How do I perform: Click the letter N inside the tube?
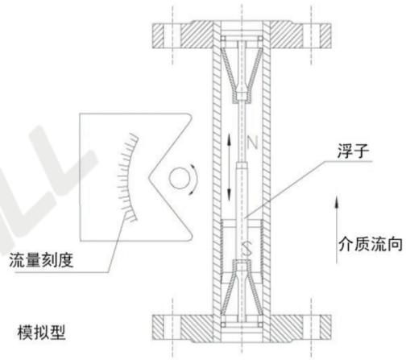point(252,143)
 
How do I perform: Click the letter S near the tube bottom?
point(246,248)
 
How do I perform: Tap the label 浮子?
point(353,151)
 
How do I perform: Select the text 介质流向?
point(371,244)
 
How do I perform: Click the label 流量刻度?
point(41,260)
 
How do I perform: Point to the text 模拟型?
point(42,333)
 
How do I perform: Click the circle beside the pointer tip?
point(179,178)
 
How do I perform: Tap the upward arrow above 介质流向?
point(337,230)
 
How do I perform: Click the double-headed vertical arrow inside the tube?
point(229,168)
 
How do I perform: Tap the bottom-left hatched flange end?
point(158,327)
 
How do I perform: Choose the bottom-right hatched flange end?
point(325,327)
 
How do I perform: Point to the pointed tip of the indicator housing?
point(148,178)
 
